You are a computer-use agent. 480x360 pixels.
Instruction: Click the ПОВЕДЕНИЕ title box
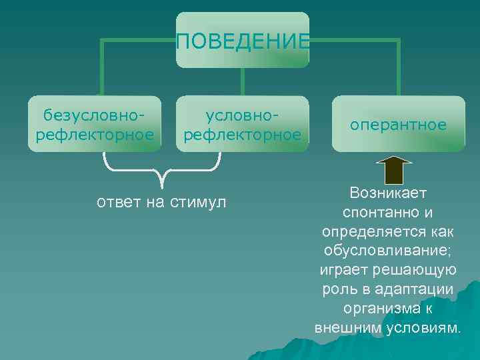pyautogui.click(x=243, y=40)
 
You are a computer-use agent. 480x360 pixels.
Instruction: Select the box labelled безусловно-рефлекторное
pyautogui.click(x=95, y=124)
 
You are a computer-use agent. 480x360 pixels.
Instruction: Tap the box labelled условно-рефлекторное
pyautogui.click(x=243, y=124)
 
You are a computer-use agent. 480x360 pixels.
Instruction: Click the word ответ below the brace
pyautogui.click(x=119, y=201)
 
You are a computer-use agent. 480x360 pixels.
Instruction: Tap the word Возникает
pyautogui.click(x=388, y=193)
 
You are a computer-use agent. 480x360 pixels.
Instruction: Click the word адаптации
pyautogui.click(x=415, y=290)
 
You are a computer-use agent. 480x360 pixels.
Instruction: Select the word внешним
pyautogui.click(x=349, y=329)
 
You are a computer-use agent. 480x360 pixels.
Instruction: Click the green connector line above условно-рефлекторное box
pyautogui.click(x=243, y=82)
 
